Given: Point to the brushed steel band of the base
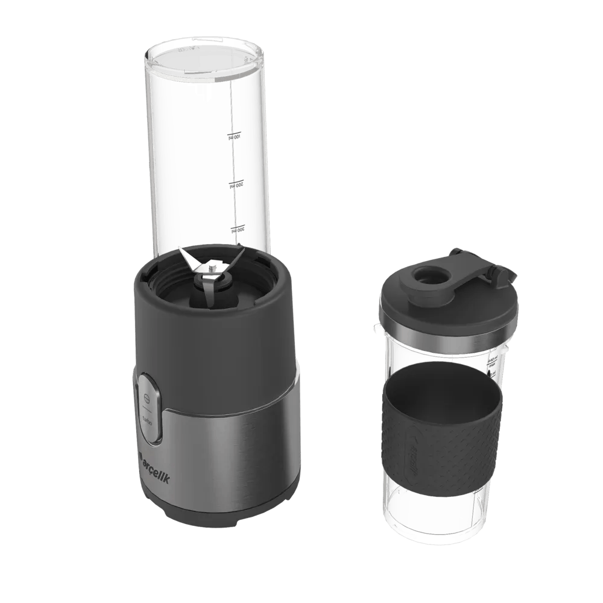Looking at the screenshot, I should [241, 446].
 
